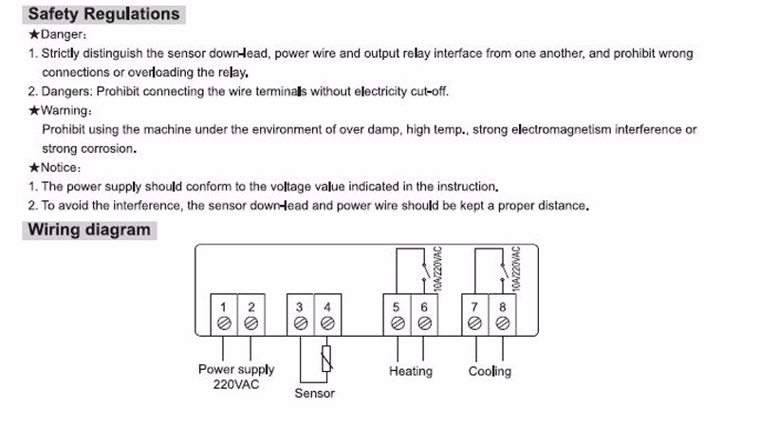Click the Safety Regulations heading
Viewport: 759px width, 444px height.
pos(103,14)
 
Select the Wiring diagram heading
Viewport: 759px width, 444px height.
pos(89,230)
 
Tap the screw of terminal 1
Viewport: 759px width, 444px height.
pos(224,323)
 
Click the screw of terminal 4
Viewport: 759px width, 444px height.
pos(327,323)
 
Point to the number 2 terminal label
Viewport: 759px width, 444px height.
pos(251,307)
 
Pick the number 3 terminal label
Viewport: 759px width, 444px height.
pos(299,307)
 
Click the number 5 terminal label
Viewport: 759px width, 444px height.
pos(396,307)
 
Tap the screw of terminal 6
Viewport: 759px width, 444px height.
pos(424,323)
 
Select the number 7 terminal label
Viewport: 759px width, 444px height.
pos(474,307)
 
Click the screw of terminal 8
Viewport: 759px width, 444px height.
pos(503,323)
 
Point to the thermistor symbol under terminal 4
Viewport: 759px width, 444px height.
pos(327,359)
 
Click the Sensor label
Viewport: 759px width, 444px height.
pos(315,393)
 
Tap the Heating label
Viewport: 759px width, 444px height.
pos(411,371)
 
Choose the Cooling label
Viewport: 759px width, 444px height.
pos(490,371)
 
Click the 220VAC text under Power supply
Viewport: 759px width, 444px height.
pos(236,384)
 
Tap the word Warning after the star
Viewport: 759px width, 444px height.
pos(65,110)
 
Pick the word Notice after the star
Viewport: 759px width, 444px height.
pos(59,168)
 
